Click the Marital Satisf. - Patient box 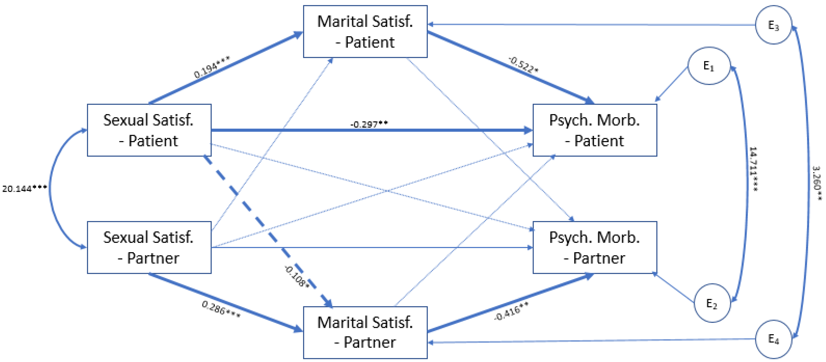click(x=365, y=32)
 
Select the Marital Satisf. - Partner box click(x=365, y=333)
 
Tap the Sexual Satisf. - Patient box click(x=149, y=130)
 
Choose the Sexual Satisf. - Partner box click(x=149, y=247)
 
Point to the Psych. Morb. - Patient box click(x=595, y=130)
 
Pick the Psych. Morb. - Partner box click(x=595, y=247)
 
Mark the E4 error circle click(x=773, y=339)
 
